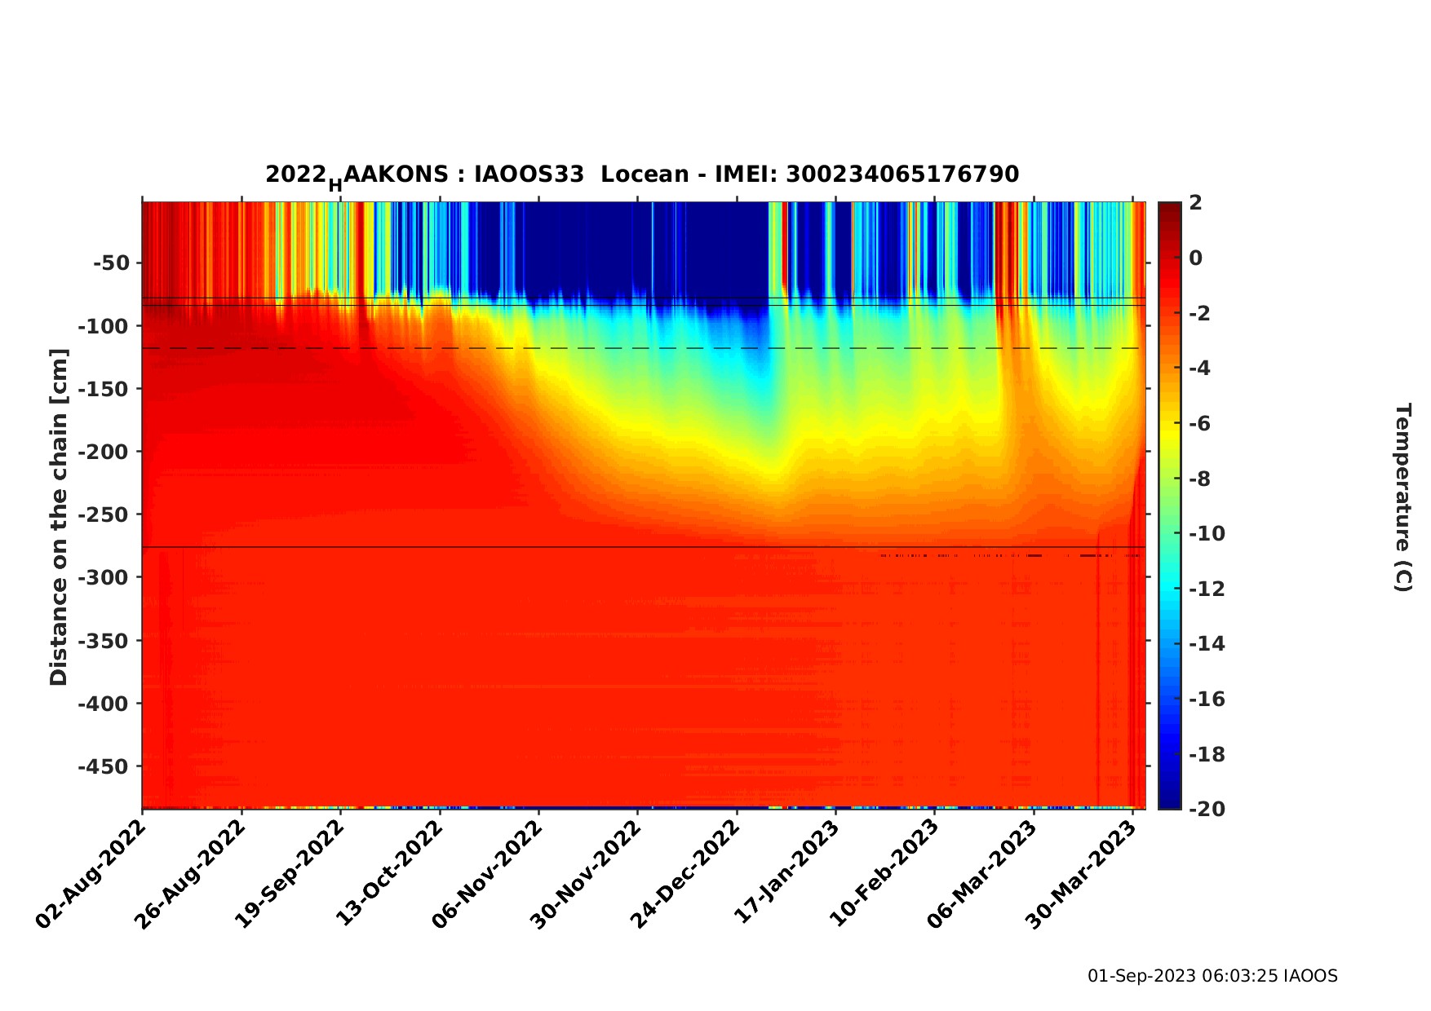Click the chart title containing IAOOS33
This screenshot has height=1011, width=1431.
pyautogui.click(x=642, y=174)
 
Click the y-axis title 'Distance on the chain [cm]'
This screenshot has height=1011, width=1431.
pyautogui.click(x=59, y=517)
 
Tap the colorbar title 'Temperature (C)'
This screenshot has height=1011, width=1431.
pyautogui.click(x=1402, y=497)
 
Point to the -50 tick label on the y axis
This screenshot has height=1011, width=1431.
pyautogui.click(x=111, y=263)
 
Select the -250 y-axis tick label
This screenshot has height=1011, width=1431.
pyautogui.click(x=104, y=514)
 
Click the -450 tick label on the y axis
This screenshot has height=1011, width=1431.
pyautogui.click(x=104, y=766)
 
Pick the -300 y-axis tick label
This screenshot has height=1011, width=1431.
pyautogui.click(x=104, y=577)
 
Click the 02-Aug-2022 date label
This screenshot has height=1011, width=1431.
pyautogui.click(x=91, y=874)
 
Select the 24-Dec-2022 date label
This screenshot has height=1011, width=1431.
pyautogui.click(x=686, y=874)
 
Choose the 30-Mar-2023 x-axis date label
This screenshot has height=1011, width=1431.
pyautogui.click(x=1082, y=874)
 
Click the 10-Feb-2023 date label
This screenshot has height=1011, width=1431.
pyautogui.click(x=884, y=874)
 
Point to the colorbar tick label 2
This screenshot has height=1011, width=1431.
pyautogui.click(x=1195, y=203)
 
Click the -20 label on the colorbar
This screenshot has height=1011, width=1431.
pyautogui.click(x=1207, y=808)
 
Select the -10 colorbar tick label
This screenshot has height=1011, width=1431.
pyautogui.click(x=1207, y=534)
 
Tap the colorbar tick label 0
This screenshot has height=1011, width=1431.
pyautogui.click(x=1195, y=258)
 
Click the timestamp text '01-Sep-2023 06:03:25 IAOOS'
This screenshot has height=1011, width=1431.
pyautogui.click(x=1212, y=976)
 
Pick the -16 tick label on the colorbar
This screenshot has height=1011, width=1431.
pyautogui.click(x=1207, y=699)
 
